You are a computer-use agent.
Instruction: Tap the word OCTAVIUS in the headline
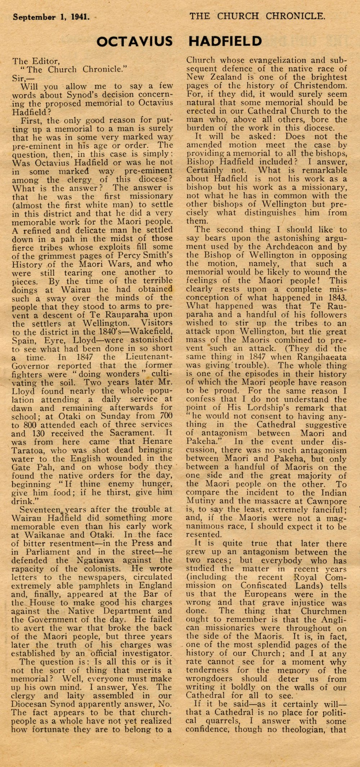point(134,42)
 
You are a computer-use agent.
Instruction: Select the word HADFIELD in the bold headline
point(225,42)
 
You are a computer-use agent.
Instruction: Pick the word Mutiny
point(198,501)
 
